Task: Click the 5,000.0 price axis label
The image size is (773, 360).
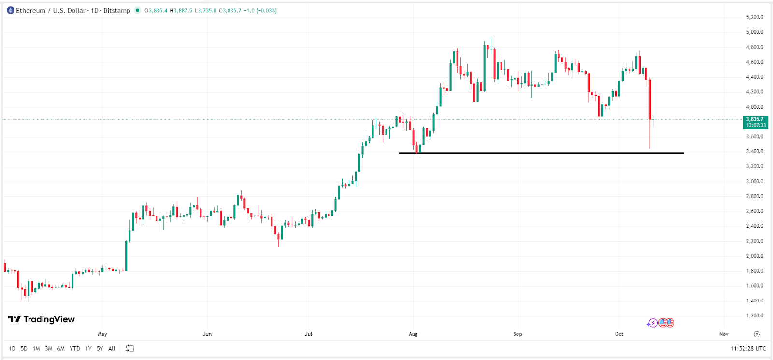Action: point(755,32)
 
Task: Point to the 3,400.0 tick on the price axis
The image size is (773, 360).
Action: point(755,151)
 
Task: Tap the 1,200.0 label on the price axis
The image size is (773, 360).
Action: point(755,316)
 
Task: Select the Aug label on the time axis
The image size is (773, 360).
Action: point(413,334)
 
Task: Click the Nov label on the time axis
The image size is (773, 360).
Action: point(723,334)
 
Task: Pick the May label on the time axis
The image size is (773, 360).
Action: point(102,334)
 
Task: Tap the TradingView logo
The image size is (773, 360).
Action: point(42,319)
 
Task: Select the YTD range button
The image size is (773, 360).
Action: point(75,348)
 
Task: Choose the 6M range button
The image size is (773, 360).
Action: point(61,348)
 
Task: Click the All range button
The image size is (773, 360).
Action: point(112,348)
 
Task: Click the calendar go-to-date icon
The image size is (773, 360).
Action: point(129,348)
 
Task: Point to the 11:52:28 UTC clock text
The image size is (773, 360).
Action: point(748,348)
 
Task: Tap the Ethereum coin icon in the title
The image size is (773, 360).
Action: point(11,10)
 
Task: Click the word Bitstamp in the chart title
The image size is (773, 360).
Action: point(116,10)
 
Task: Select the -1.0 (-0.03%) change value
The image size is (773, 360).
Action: point(260,10)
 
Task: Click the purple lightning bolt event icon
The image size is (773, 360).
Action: point(653,323)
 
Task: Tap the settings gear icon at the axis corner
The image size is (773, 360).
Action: point(757,334)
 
